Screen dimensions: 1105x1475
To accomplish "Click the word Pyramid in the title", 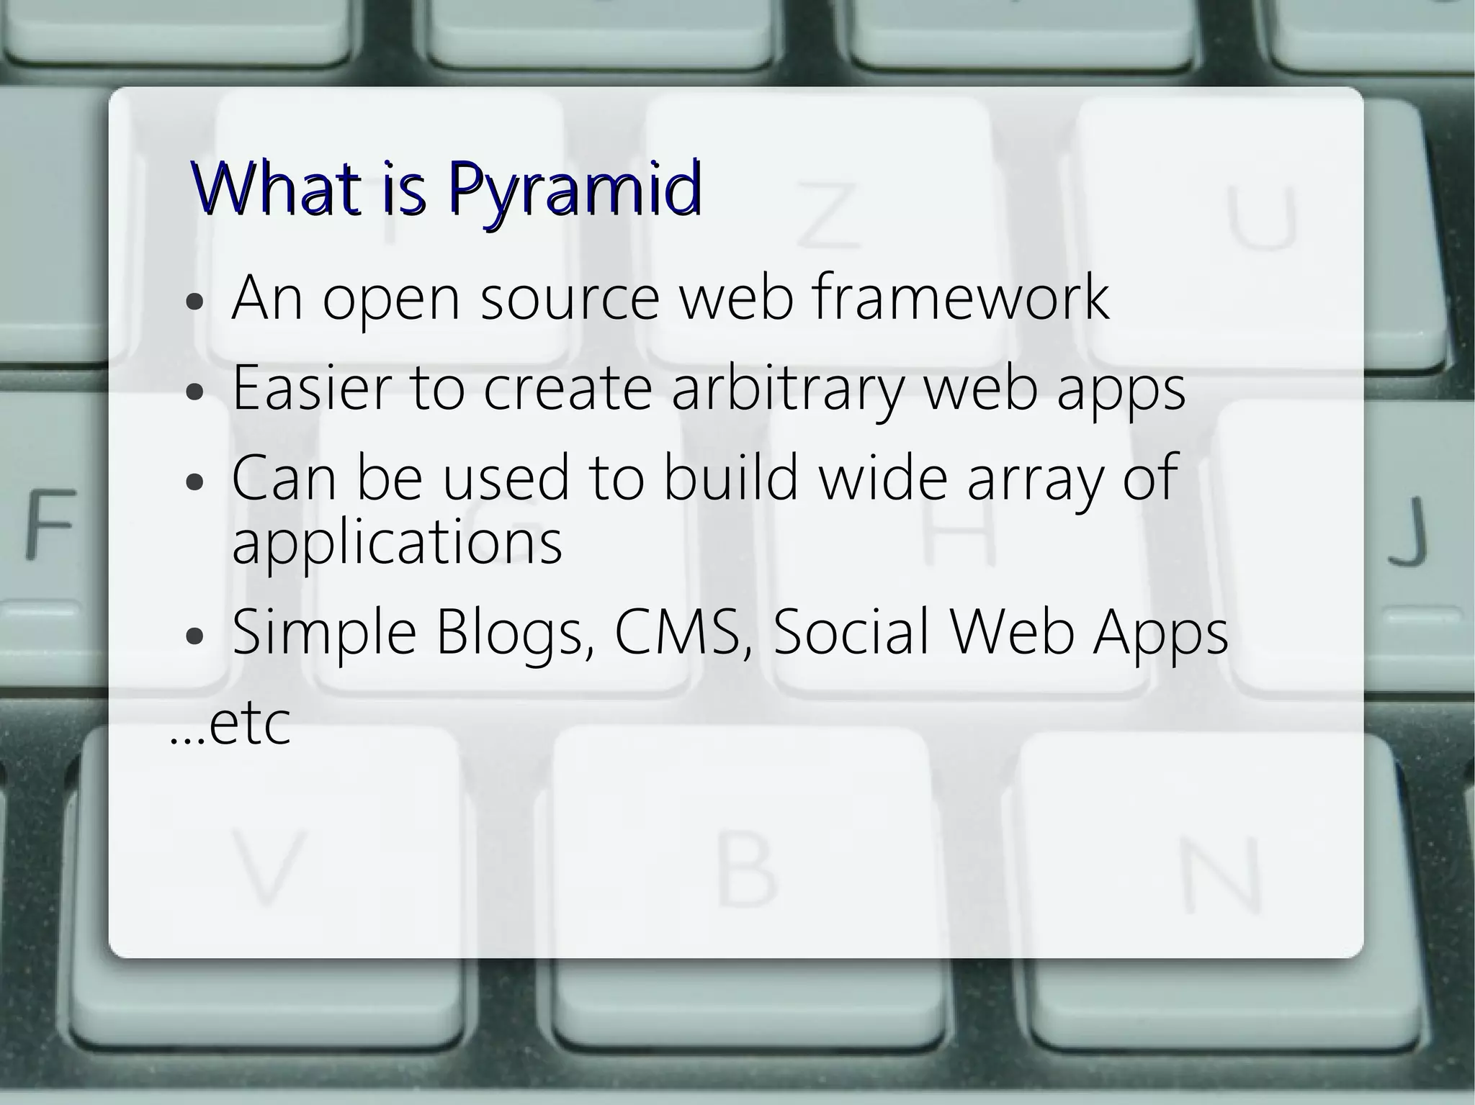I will (x=573, y=188).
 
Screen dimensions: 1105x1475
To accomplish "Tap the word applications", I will (x=397, y=543).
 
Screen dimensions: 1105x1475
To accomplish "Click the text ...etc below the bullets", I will (x=230, y=724).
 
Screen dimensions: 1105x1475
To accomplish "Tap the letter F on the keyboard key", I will (x=50, y=523).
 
